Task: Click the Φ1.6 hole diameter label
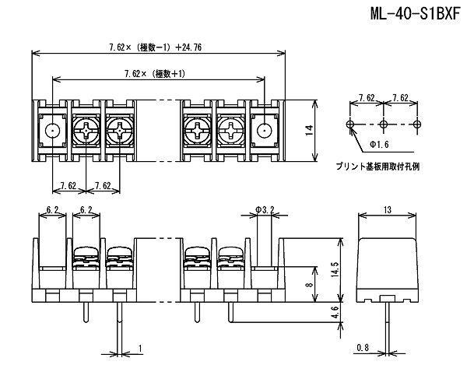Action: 379,145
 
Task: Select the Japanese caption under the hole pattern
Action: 377,167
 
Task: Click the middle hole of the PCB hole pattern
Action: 384,125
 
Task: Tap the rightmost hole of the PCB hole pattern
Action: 417,125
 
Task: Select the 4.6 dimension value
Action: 335,313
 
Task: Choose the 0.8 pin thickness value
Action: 363,347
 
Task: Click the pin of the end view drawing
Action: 387,327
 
